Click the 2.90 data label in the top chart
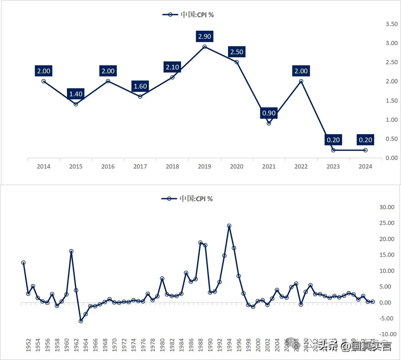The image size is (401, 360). point(205,36)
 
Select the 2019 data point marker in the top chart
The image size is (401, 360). point(205,47)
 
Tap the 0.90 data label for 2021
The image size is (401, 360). point(269,113)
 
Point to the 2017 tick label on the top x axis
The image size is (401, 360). point(140,167)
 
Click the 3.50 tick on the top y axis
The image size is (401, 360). point(392,24)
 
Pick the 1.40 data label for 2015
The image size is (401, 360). point(76,94)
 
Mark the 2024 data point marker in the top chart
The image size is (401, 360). point(365,150)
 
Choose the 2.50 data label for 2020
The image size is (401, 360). point(237,52)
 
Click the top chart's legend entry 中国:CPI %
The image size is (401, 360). point(188,15)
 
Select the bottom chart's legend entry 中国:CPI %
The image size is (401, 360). point(187,199)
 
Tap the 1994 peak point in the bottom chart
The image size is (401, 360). point(229,226)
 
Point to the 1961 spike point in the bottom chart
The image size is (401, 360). point(71,251)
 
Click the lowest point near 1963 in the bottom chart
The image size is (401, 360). point(81,321)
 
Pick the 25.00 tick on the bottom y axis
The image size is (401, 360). point(387,223)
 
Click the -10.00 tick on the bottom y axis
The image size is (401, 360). point(388,334)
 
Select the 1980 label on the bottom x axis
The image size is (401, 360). point(162,345)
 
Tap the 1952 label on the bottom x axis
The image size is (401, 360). point(29,345)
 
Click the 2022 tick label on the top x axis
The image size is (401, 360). point(301,167)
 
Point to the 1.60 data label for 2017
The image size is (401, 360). point(140,86)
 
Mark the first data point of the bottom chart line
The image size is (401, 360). point(23,263)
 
